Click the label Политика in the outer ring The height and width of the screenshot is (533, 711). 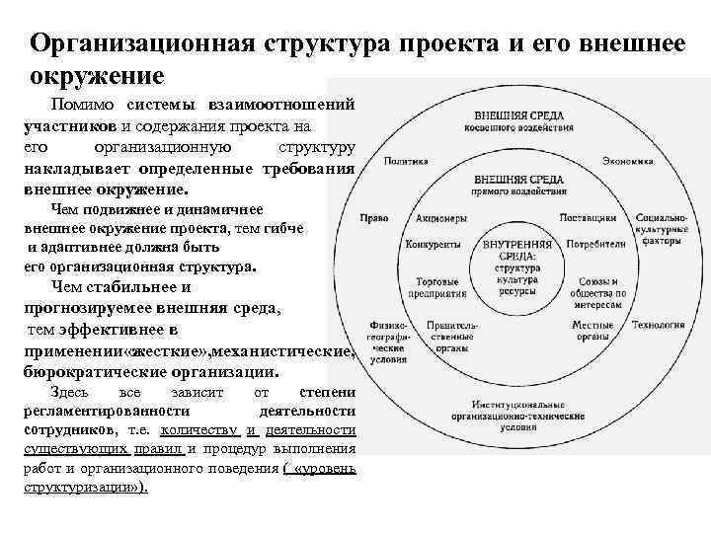click(400, 161)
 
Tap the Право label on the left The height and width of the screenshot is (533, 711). click(374, 218)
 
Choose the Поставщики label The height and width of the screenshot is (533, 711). click(589, 218)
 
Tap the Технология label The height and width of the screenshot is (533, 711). click(659, 324)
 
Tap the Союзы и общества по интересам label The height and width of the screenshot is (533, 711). click(592, 292)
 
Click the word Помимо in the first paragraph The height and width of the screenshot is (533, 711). click(83, 106)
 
